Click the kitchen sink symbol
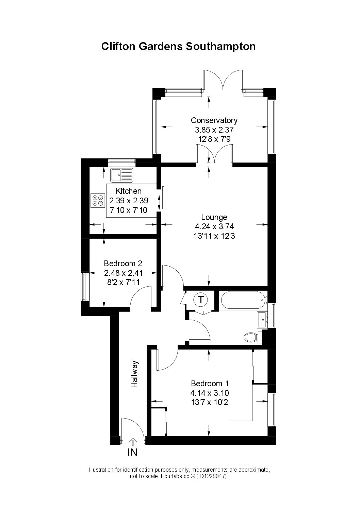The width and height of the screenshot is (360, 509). (x=122, y=175)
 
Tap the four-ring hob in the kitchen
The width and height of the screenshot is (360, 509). (x=98, y=200)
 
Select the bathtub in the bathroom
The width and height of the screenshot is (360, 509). (x=243, y=300)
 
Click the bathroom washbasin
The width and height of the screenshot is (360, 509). (x=262, y=320)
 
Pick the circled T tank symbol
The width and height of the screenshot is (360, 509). (x=200, y=300)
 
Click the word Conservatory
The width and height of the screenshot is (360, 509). (x=214, y=120)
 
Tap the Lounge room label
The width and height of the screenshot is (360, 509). (x=214, y=217)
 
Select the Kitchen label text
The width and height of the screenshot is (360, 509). (x=129, y=191)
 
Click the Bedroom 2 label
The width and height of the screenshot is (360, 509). (x=123, y=264)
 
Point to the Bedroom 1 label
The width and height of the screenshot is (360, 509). (x=210, y=383)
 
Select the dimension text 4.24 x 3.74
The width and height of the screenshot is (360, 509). (x=214, y=226)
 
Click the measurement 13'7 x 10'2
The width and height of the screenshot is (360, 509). (x=210, y=403)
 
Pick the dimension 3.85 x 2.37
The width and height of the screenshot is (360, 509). (x=214, y=130)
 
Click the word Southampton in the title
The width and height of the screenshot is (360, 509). (x=220, y=47)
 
